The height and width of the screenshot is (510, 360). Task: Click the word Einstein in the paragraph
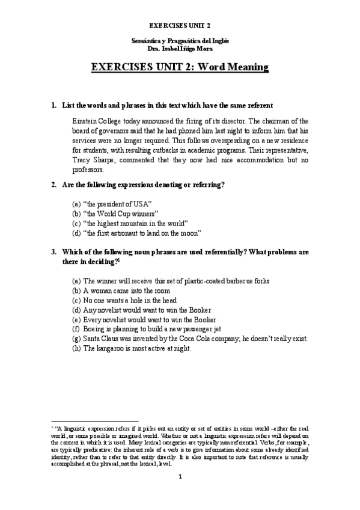[85, 120]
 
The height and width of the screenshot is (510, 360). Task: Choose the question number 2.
[53, 185]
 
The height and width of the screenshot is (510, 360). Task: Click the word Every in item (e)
[92, 319]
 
